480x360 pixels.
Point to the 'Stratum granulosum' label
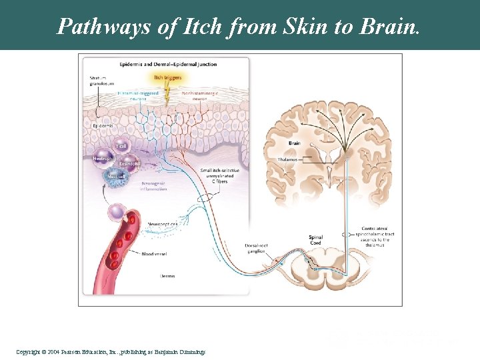click(x=98, y=81)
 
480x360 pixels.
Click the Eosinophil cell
click(x=129, y=163)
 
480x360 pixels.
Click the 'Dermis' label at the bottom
click(x=168, y=275)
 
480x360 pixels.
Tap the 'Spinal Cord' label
click(x=316, y=239)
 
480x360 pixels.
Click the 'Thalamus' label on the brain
click(x=289, y=159)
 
